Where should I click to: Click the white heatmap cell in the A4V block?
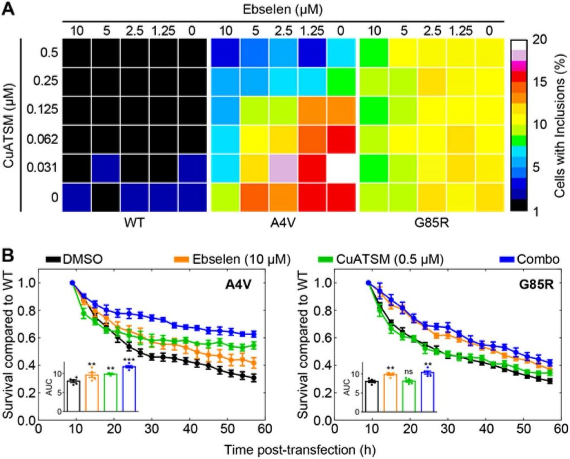[x=341, y=168]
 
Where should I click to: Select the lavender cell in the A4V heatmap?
[x=283, y=168]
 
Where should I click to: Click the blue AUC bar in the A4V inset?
[x=129, y=389]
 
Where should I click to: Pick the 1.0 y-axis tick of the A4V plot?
[x=25, y=283]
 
